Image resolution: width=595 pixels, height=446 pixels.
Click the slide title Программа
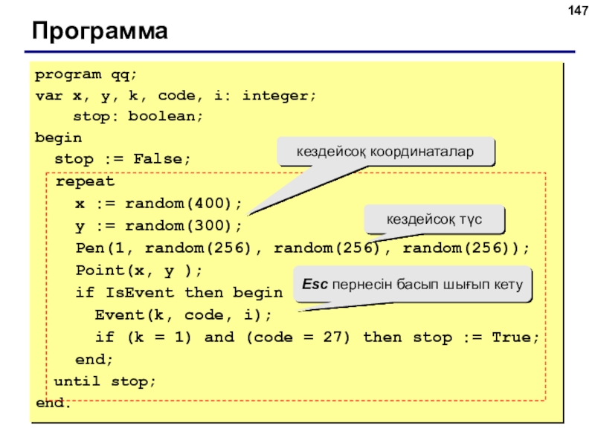pyautogui.click(x=100, y=31)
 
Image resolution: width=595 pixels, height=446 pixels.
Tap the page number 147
pyautogui.click(x=578, y=10)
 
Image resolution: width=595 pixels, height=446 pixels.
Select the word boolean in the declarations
pyautogui.click(x=165, y=116)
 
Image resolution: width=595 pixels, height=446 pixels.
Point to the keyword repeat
pyautogui.click(x=85, y=181)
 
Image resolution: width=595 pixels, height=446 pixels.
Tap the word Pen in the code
pyautogui.click(x=90, y=248)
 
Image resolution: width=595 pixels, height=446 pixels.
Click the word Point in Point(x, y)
pyautogui.click(x=100, y=271)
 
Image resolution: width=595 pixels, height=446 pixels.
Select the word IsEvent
pyautogui.click(x=140, y=293)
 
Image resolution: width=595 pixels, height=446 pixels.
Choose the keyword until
pyautogui.click(x=77, y=381)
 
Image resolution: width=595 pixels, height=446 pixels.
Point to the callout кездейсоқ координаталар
pyautogui.click(x=385, y=152)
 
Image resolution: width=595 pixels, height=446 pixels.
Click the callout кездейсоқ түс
pyautogui.click(x=434, y=219)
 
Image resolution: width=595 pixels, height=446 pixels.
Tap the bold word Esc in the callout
pyautogui.click(x=315, y=284)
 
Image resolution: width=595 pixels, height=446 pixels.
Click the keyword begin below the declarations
pyautogui.click(x=59, y=138)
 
